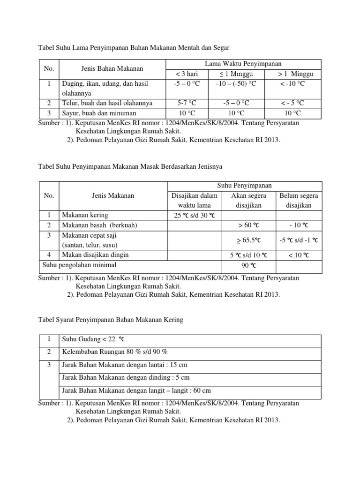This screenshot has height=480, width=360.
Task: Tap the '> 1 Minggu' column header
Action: tap(292, 74)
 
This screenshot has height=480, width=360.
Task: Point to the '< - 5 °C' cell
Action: tap(292, 103)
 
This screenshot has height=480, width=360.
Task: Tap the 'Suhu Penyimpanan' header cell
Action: tap(244, 186)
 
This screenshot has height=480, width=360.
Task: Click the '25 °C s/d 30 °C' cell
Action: tap(194, 215)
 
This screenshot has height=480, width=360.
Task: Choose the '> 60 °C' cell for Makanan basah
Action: tap(249, 225)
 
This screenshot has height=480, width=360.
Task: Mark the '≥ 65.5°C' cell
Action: tap(249, 240)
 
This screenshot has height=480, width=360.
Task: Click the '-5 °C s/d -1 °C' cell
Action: tap(299, 240)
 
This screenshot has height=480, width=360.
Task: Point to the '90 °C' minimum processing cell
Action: tap(249, 265)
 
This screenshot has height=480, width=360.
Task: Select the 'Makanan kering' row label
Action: tap(85, 215)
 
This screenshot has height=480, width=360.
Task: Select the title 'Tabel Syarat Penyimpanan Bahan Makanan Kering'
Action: tap(110, 320)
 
